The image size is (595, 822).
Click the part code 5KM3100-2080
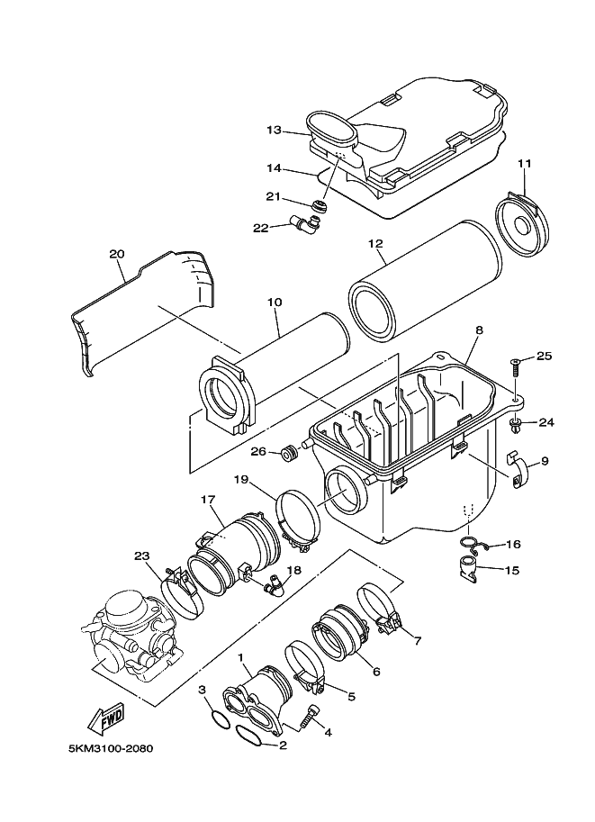pos(112,749)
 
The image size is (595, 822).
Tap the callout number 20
pos(115,254)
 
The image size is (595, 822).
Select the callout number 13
pos(274,130)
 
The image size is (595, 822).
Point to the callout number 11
pos(525,163)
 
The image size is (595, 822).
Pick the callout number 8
pos(480,330)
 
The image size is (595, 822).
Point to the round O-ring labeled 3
pos(217,718)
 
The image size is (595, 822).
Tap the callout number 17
pos(206,499)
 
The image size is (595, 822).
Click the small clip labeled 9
pos(519,469)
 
